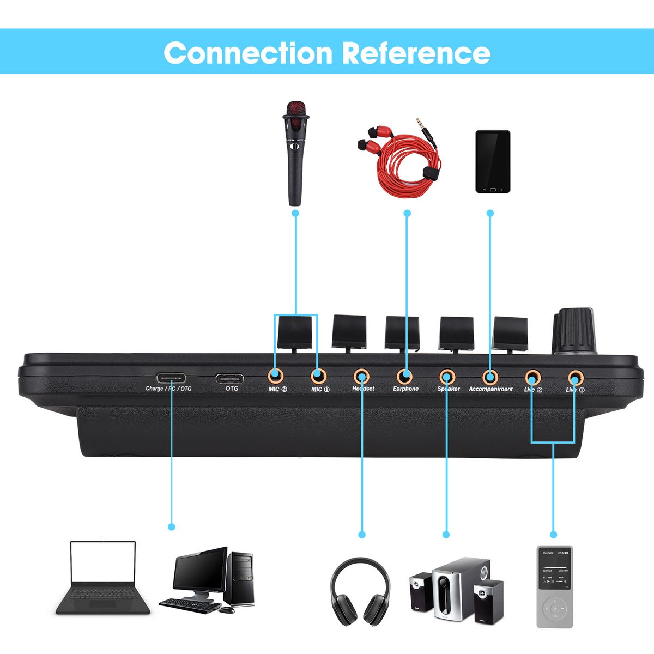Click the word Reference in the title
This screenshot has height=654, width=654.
pos(416,53)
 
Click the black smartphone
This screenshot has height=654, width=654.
pos(493,161)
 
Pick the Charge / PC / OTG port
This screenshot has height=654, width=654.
pos(171,378)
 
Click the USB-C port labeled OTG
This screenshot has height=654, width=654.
pos(229,378)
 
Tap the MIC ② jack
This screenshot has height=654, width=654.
pos(275,376)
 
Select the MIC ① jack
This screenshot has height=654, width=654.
pos(318,376)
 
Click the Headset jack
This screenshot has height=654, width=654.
pos(361,376)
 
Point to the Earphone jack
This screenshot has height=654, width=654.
pos(404,376)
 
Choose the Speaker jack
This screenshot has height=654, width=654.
pos(447,376)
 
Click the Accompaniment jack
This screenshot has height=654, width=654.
pos(491,376)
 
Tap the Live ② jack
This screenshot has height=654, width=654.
pos(532,376)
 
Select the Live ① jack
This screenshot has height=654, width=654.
pos(574,376)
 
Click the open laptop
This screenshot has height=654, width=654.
pos(102,578)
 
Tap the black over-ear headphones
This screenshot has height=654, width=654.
pos(360,591)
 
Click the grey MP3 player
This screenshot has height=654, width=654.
pos(555,586)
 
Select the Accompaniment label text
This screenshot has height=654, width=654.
pos(491,389)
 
